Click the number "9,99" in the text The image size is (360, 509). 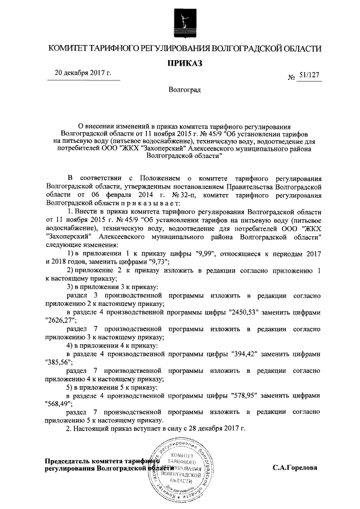pyautogui.click(x=208, y=254)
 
